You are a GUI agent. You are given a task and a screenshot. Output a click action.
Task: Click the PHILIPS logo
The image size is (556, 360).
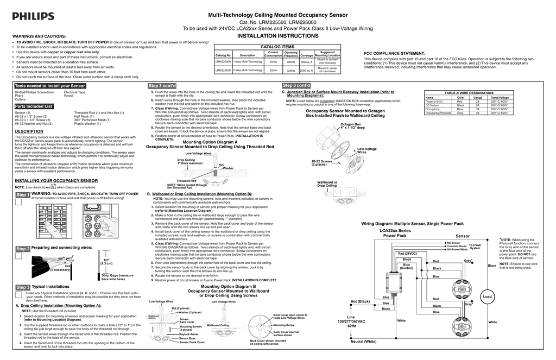[x=33, y=16]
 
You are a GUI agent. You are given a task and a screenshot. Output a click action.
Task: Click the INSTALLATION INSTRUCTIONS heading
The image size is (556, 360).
[x=278, y=36]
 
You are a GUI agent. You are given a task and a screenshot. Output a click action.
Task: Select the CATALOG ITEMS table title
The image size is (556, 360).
[x=277, y=47]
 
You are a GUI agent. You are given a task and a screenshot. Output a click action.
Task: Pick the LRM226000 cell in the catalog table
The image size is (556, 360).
[x=223, y=62]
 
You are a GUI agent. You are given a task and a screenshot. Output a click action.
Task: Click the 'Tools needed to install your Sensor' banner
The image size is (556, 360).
[x=50, y=86]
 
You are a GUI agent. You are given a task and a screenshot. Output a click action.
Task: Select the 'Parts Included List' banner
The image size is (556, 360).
[x=34, y=106]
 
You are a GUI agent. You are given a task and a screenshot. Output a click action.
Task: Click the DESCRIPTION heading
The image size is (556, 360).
[x=29, y=131]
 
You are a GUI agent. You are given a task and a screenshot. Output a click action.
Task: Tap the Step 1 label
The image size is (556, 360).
[x=23, y=194]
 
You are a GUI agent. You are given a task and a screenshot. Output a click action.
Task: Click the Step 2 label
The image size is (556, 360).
[x=23, y=249]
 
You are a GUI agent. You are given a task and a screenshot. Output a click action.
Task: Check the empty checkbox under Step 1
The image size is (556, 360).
[x=18, y=202]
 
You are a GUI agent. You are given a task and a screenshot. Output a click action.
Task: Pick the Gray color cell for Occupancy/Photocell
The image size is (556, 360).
[x=460, y=113]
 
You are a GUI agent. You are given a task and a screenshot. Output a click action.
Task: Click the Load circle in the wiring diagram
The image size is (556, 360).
[x=487, y=297]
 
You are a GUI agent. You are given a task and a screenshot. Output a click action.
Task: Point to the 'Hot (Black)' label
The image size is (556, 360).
[x=360, y=301]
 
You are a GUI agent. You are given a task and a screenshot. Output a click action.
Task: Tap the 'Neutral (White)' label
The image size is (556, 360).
[x=363, y=341]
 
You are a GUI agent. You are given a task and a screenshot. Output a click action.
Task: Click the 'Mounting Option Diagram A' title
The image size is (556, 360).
[x=210, y=142]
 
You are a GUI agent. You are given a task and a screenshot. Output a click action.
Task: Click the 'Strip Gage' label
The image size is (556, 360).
[x=117, y=277]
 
